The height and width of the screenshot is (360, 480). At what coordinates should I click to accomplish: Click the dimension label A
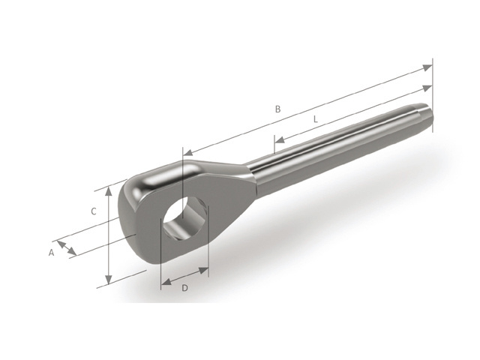[x=52, y=253]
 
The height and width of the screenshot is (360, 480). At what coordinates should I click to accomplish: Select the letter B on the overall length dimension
[x=277, y=109]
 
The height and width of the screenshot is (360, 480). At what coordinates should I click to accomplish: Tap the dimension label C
[x=93, y=211]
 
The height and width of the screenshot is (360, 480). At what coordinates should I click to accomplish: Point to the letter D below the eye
[x=184, y=288]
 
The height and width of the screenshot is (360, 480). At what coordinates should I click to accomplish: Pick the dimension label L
[x=315, y=119]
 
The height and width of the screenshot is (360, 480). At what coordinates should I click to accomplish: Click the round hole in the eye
[x=183, y=218]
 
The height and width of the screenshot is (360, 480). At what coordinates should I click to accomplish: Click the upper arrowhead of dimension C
[x=109, y=192]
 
